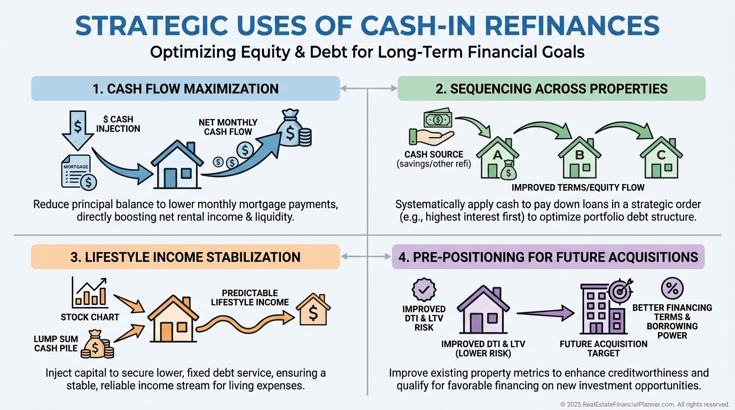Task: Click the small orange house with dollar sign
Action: [x=313, y=310]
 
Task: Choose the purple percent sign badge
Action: [x=672, y=288]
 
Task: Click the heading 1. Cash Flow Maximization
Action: [x=185, y=89]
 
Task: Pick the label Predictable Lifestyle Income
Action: [x=250, y=297]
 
